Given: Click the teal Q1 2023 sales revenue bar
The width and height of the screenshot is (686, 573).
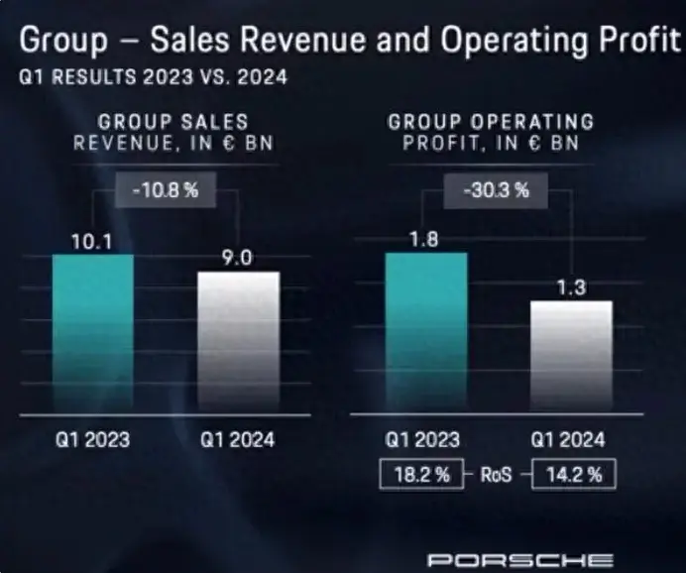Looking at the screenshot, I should coord(92,333).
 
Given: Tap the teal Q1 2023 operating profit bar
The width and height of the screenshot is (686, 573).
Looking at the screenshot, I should coord(425,332).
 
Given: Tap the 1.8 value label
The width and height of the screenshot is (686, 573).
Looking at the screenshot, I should coord(425,239).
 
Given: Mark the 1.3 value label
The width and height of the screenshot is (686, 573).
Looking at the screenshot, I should coord(572,288).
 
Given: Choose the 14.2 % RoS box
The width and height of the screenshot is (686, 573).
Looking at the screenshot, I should coord(572,475).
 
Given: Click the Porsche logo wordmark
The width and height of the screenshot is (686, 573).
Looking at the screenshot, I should coord(519,560).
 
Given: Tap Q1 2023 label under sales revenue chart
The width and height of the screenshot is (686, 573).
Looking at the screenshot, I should coord(92,439).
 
